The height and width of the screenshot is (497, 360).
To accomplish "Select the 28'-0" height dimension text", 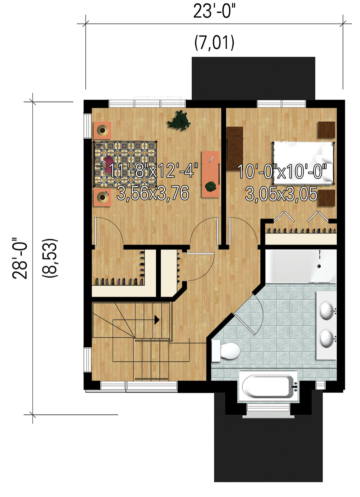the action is pos(20,258).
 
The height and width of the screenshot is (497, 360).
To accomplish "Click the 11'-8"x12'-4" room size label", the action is pos(153,171).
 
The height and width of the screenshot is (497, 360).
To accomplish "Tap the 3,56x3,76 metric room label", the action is pos(153,193).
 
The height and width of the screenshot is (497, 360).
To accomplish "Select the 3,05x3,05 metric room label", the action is pos(281,194).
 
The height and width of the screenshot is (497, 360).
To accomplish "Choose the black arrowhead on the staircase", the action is pos(157,320).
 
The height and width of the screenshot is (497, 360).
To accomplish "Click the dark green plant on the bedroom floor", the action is pos(179,121).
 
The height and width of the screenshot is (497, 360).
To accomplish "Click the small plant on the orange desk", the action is pos(211,187).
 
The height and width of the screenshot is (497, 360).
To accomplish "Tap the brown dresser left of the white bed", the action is pos(235,149).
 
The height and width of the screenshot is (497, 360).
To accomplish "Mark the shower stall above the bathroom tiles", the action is pos(301,266).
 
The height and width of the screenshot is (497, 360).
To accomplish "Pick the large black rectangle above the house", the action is pos(253,78).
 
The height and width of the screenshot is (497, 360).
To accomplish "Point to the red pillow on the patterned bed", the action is pos(109,164).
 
